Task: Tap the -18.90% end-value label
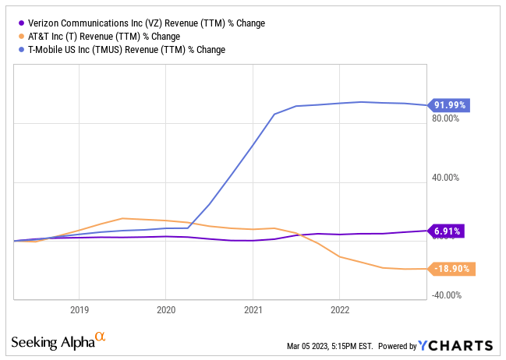click(451, 268)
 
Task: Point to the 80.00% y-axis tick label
click(447, 119)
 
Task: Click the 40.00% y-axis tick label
click(447, 178)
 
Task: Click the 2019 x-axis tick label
click(79, 309)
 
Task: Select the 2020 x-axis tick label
click(165, 309)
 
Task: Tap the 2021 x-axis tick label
click(253, 309)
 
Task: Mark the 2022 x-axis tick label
click(339, 309)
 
